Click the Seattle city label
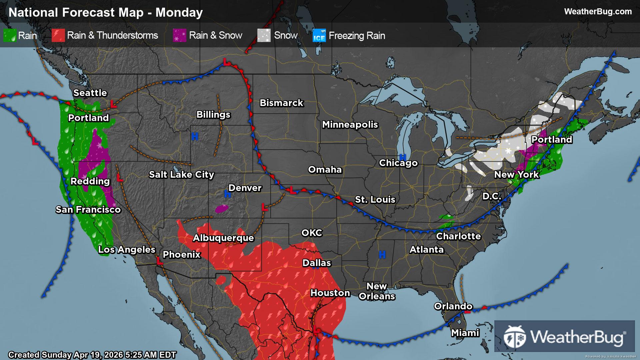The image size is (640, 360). (x=90, y=93)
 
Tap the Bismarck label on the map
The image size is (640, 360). (x=281, y=103)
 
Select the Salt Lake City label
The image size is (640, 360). (x=181, y=175)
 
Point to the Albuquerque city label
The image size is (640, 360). (x=223, y=238)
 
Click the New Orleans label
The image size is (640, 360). (x=377, y=291)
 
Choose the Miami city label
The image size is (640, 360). (x=465, y=333)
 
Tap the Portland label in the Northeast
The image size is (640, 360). (x=552, y=140)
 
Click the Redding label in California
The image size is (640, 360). (x=90, y=181)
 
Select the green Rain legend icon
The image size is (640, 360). (x=10, y=36)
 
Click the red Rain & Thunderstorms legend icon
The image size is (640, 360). (x=58, y=36)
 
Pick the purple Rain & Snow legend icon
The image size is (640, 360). (x=180, y=36)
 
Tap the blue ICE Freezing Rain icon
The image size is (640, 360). (x=319, y=36)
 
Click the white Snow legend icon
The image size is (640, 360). (x=264, y=36)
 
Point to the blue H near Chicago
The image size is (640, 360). (x=403, y=157)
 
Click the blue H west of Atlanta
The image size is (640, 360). (x=382, y=255)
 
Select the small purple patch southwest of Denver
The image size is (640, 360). (x=222, y=209)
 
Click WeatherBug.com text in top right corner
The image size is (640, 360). (x=598, y=12)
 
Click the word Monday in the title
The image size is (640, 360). (x=179, y=13)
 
